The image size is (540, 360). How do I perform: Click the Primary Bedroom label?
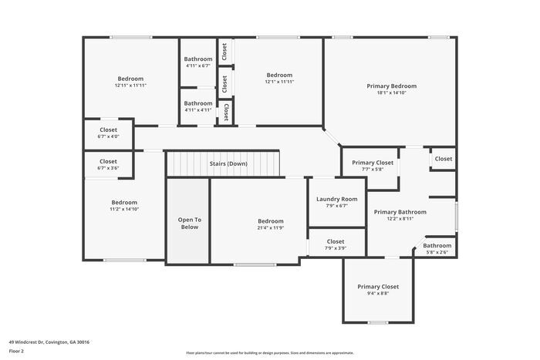click(x=391, y=86)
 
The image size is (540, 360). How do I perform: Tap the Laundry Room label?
click(x=336, y=199)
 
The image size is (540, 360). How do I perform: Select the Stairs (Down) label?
click(x=228, y=163)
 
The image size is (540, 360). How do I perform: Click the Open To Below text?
click(x=189, y=223)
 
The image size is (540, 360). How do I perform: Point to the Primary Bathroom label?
click(x=400, y=211)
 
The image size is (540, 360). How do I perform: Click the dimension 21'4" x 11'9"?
click(x=270, y=227)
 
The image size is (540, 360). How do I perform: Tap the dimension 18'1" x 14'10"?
click(x=391, y=93)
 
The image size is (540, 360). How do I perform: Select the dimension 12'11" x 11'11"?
click(x=130, y=85)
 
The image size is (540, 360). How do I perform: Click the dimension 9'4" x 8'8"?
click(x=378, y=293)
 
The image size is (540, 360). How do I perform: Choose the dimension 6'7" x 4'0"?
click(x=108, y=136)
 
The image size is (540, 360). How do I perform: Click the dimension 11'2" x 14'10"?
click(x=123, y=209)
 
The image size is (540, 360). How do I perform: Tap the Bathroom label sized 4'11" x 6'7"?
click(x=197, y=59)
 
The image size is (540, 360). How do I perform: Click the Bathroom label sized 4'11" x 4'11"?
click(x=197, y=103)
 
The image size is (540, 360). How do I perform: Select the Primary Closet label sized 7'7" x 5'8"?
click(x=373, y=163)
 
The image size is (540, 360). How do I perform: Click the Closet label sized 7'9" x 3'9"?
click(x=336, y=241)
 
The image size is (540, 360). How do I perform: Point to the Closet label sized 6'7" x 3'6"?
click(x=108, y=161)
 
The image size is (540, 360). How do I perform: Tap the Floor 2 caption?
click(x=17, y=351)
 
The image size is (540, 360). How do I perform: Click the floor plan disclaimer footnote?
click(x=270, y=352)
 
